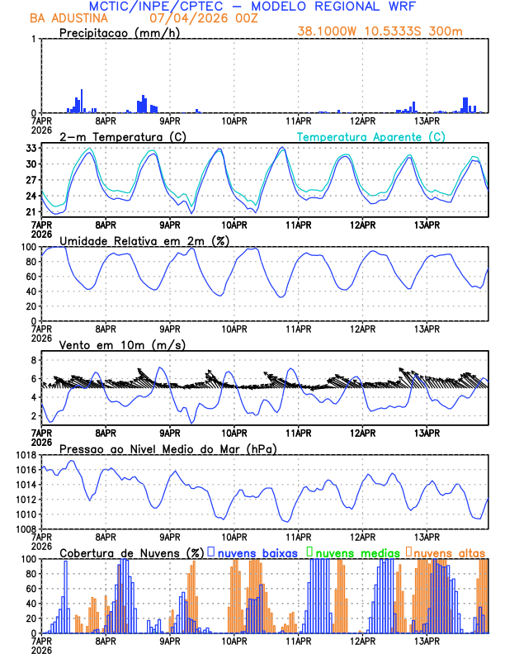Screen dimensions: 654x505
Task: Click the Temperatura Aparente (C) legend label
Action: coord(370,136)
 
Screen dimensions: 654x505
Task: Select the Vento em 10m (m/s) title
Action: coord(111,344)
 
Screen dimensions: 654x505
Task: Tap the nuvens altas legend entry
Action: coord(448,552)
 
